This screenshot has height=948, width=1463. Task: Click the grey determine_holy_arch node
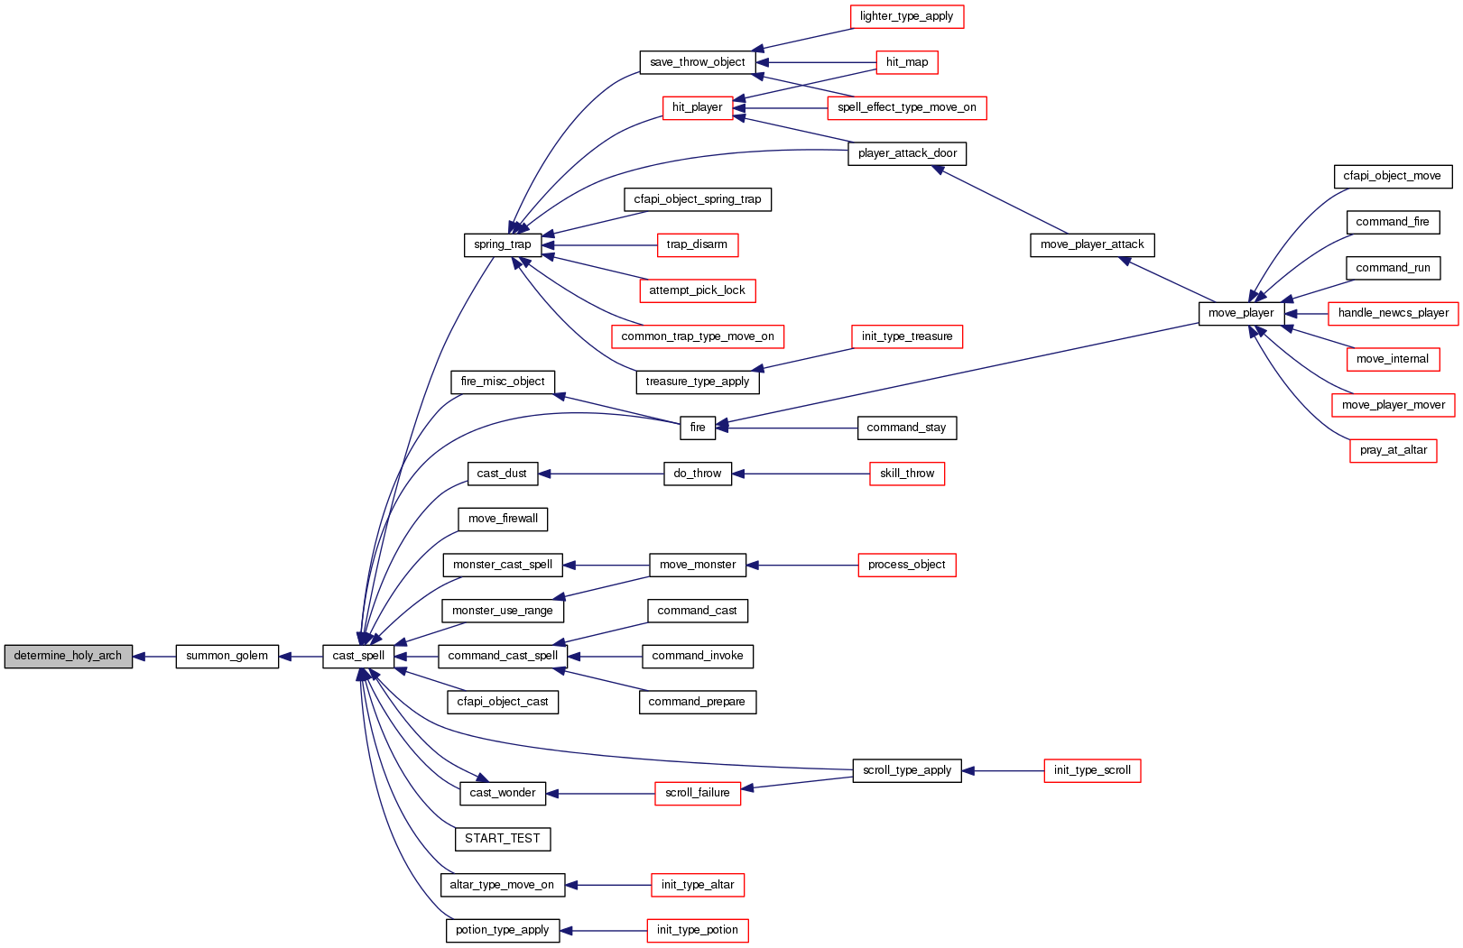[x=68, y=656]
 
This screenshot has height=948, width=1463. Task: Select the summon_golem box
[x=227, y=656]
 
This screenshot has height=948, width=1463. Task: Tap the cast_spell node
[x=358, y=656]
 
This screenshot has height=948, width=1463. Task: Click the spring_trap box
[x=502, y=244]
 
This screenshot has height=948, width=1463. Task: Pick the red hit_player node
[x=697, y=107]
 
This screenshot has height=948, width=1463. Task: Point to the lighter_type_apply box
[x=906, y=16]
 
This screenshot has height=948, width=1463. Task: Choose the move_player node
[x=1241, y=313]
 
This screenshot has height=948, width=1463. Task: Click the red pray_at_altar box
[x=1393, y=450]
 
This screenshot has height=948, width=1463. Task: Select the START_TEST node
[x=502, y=839]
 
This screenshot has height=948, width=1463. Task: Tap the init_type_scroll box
[x=1092, y=770]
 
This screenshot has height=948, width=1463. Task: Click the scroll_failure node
[x=697, y=793]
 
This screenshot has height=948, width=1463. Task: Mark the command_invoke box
[x=697, y=656]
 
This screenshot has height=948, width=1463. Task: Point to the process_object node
[x=906, y=565]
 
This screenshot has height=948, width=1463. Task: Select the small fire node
[x=697, y=428]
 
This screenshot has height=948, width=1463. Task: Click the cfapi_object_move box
[x=1392, y=176]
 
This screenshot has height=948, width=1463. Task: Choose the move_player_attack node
[x=1092, y=244]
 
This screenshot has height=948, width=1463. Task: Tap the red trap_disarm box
[x=697, y=244]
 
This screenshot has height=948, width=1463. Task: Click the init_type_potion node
[x=697, y=930]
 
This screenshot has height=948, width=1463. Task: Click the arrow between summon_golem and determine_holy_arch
[x=154, y=657]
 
